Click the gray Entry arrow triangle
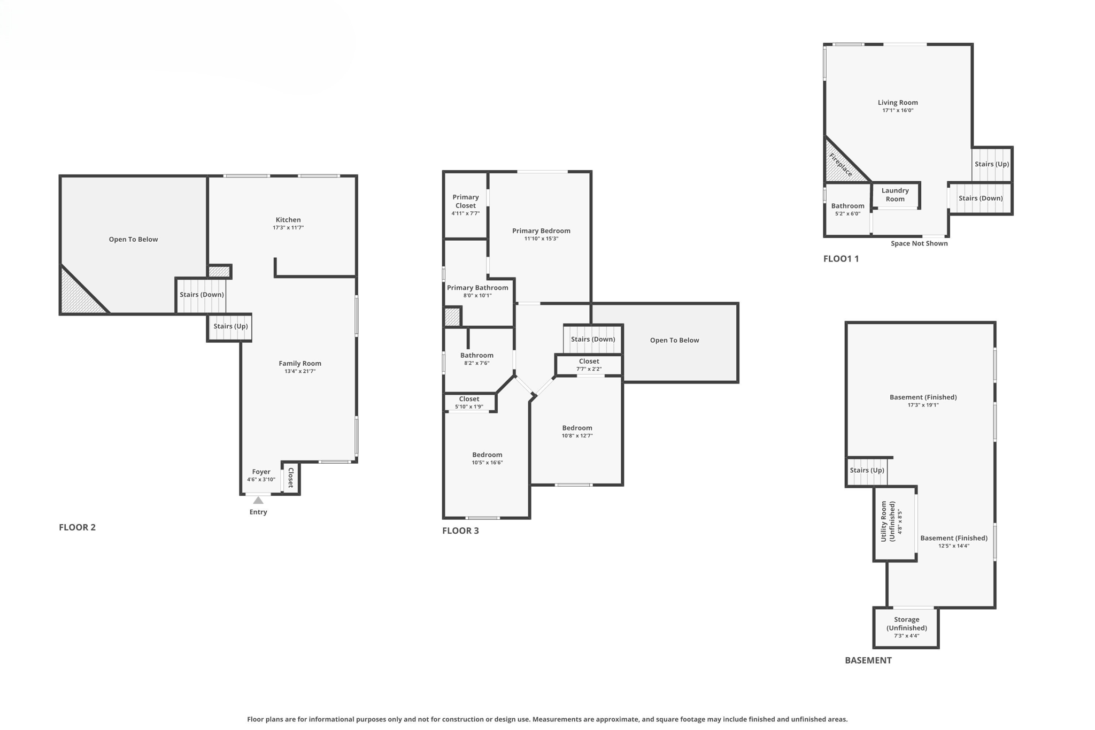258,501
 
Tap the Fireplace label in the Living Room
840,165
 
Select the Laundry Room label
895,195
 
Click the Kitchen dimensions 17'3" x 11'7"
288,228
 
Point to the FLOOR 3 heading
460,531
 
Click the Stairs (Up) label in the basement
867,470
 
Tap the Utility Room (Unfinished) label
888,521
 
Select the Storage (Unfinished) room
906,627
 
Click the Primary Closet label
465,201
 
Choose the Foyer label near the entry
261,472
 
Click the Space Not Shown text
919,243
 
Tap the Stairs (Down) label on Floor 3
592,339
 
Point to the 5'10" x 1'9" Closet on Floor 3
469,403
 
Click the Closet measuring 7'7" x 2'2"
589,365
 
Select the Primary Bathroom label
477,288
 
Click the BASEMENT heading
868,660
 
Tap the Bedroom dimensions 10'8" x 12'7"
577,436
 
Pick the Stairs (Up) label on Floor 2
230,326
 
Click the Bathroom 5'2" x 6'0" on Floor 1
847,209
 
